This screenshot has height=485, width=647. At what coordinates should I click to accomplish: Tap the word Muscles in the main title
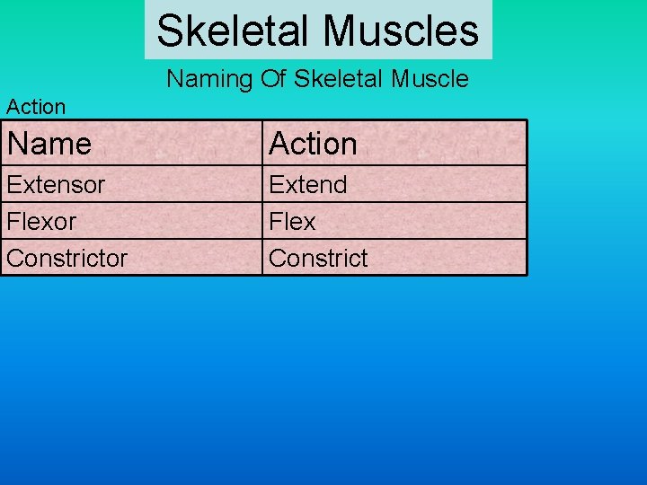pos(401,31)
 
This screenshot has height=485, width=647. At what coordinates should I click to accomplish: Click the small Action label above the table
pos(36,107)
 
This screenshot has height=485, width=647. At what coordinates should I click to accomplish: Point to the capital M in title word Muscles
pos(340,31)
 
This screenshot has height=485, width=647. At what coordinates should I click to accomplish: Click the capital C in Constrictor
pos(14,259)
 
